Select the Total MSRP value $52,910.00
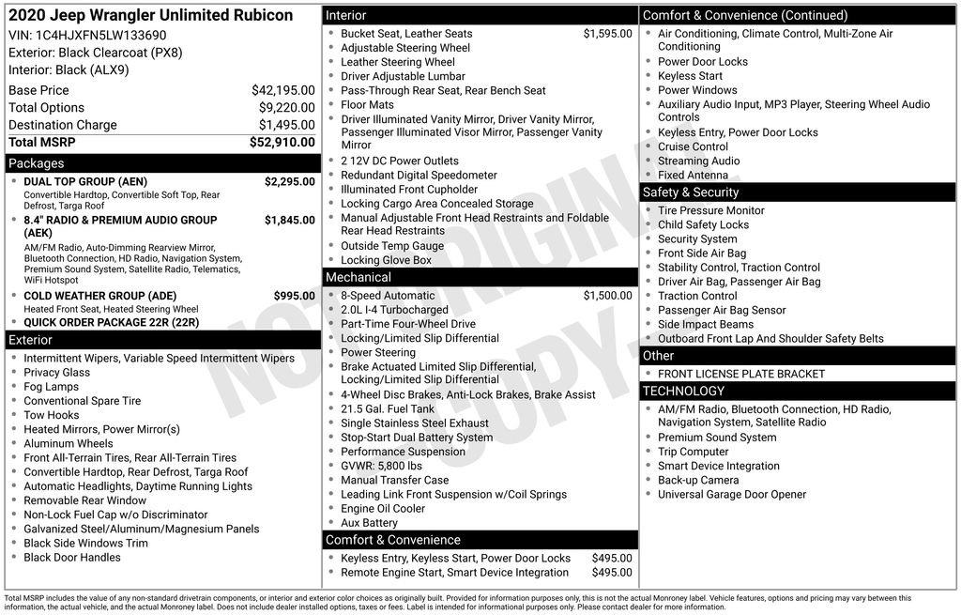coord(282,142)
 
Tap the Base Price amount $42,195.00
coord(283,90)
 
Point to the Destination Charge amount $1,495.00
coord(286,125)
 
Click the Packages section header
coord(37,163)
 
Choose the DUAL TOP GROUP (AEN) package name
coord(85,182)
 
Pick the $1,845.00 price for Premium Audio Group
coord(289,221)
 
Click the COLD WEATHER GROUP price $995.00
coord(294,296)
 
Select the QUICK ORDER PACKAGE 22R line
coord(112,322)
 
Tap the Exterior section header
coord(31,340)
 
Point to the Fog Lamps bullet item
coord(52,387)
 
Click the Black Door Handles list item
coord(72,558)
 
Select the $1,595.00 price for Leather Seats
coord(607,34)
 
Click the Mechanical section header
coord(358,277)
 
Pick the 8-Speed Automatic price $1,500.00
coord(607,296)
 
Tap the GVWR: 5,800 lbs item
coord(382,466)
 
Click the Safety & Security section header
coord(691,192)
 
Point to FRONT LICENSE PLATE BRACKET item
coord(741,374)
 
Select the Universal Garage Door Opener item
coord(732,495)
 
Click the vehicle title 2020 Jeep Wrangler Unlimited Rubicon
coord(150,15)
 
